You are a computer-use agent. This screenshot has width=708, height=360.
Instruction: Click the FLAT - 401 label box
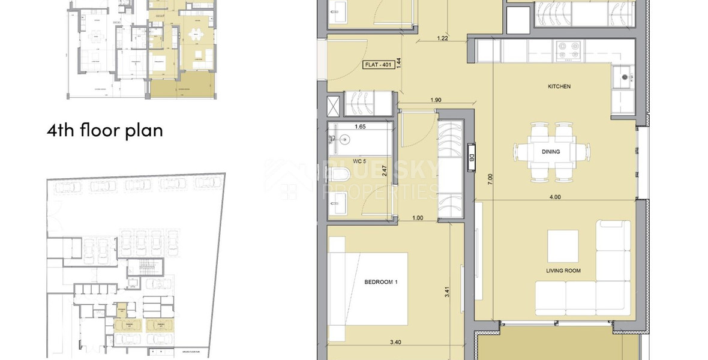point(379,65)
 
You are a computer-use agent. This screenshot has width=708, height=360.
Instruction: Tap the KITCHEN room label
point(559,87)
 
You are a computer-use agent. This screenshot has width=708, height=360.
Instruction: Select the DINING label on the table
point(550,152)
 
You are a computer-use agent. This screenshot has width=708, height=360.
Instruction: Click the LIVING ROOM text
point(563,271)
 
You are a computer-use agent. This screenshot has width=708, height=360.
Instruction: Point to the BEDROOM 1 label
point(364,281)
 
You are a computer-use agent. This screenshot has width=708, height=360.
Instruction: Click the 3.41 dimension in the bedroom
point(447,293)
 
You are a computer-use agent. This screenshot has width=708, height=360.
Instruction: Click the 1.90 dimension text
point(436,100)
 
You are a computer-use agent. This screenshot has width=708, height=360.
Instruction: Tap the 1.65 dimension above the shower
point(360,127)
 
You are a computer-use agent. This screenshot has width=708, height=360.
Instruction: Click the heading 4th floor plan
point(105,130)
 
